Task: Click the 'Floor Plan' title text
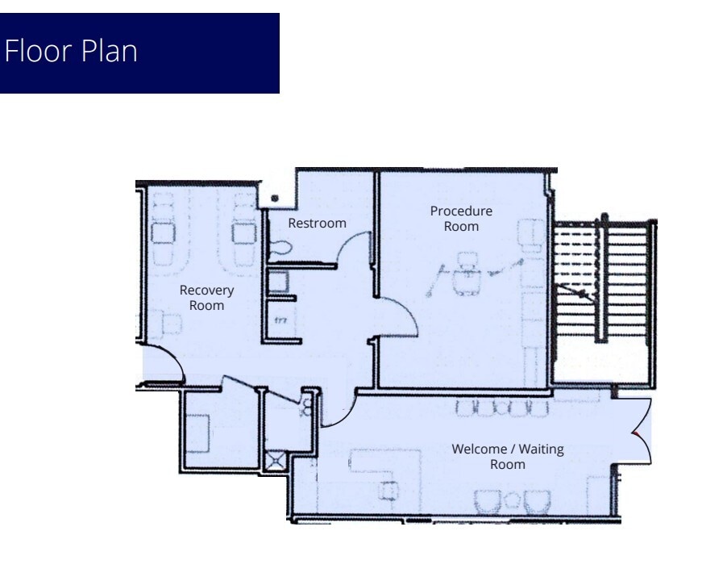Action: pos(71,52)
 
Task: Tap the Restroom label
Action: pos(317,223)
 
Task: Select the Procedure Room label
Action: pos(460,219)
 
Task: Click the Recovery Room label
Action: pos(206,297)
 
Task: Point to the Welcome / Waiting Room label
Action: pos(507,456)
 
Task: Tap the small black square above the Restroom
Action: pos(276,198)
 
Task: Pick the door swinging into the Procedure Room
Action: pos(401,317)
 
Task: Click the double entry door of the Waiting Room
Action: pos(638,432)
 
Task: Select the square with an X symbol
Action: pos(276,460)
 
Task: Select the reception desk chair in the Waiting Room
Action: pos(390,489)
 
